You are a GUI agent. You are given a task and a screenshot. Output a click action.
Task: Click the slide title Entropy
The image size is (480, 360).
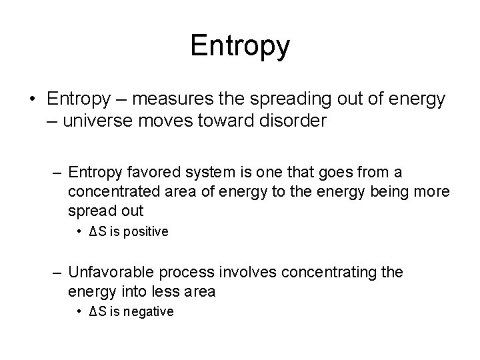(240, 46)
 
